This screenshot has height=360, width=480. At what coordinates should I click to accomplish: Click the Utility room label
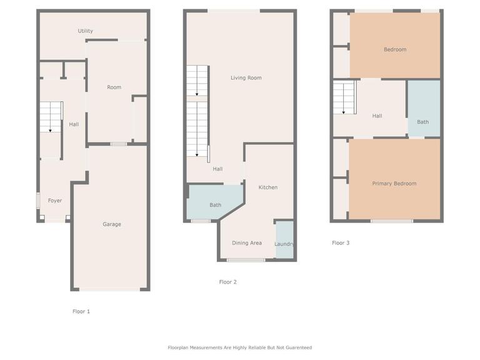pos(86,31)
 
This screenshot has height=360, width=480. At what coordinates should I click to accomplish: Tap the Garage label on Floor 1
pos(112,224)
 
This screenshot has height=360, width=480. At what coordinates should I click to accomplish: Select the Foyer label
pos(55,201)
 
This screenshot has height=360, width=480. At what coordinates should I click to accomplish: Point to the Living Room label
pos(246,78)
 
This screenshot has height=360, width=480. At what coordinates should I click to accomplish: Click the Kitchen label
pos(268,187)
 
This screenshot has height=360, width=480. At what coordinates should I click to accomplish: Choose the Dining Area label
pos(247,243)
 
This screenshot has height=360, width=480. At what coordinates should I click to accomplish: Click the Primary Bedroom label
pos(394,184)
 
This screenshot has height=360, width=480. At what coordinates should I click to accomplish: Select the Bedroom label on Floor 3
pos(395,50)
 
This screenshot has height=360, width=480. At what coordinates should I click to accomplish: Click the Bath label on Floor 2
pos(215,205)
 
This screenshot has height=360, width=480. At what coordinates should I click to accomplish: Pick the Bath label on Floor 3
pos(423,122)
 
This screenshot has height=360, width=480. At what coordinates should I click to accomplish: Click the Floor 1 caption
pos(81,311)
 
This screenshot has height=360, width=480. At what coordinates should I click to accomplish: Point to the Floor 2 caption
pos(227,282)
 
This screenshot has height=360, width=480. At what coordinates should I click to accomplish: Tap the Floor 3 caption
pos(341,243)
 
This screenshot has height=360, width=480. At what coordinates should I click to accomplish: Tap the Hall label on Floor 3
pos(377,116)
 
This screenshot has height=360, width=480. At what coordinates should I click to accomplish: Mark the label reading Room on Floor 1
pos(114,87)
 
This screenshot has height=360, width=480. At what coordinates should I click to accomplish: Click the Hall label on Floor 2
pos(217,169)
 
